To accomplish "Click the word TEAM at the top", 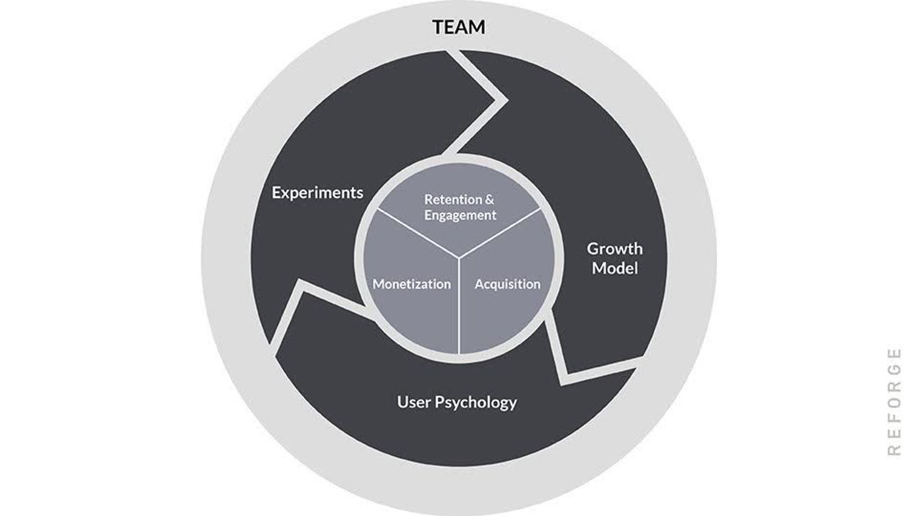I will click(x=458, y=27).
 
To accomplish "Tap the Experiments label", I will click(x=317, y=193).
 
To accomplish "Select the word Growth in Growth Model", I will click(x=614, y=249).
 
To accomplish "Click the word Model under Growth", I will click(x=614, y=268).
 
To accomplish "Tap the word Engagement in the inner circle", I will click(x=460, y=215).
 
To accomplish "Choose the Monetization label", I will click(x=411, y=284).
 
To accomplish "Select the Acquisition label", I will click(x=507, y=284).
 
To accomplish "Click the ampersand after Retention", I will click(x=488, y=199).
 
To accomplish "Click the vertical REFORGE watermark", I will click(x=894, y=401).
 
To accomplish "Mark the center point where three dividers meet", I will click(x=458, y=257).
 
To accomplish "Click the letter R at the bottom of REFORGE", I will click(x=894, y=450).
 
